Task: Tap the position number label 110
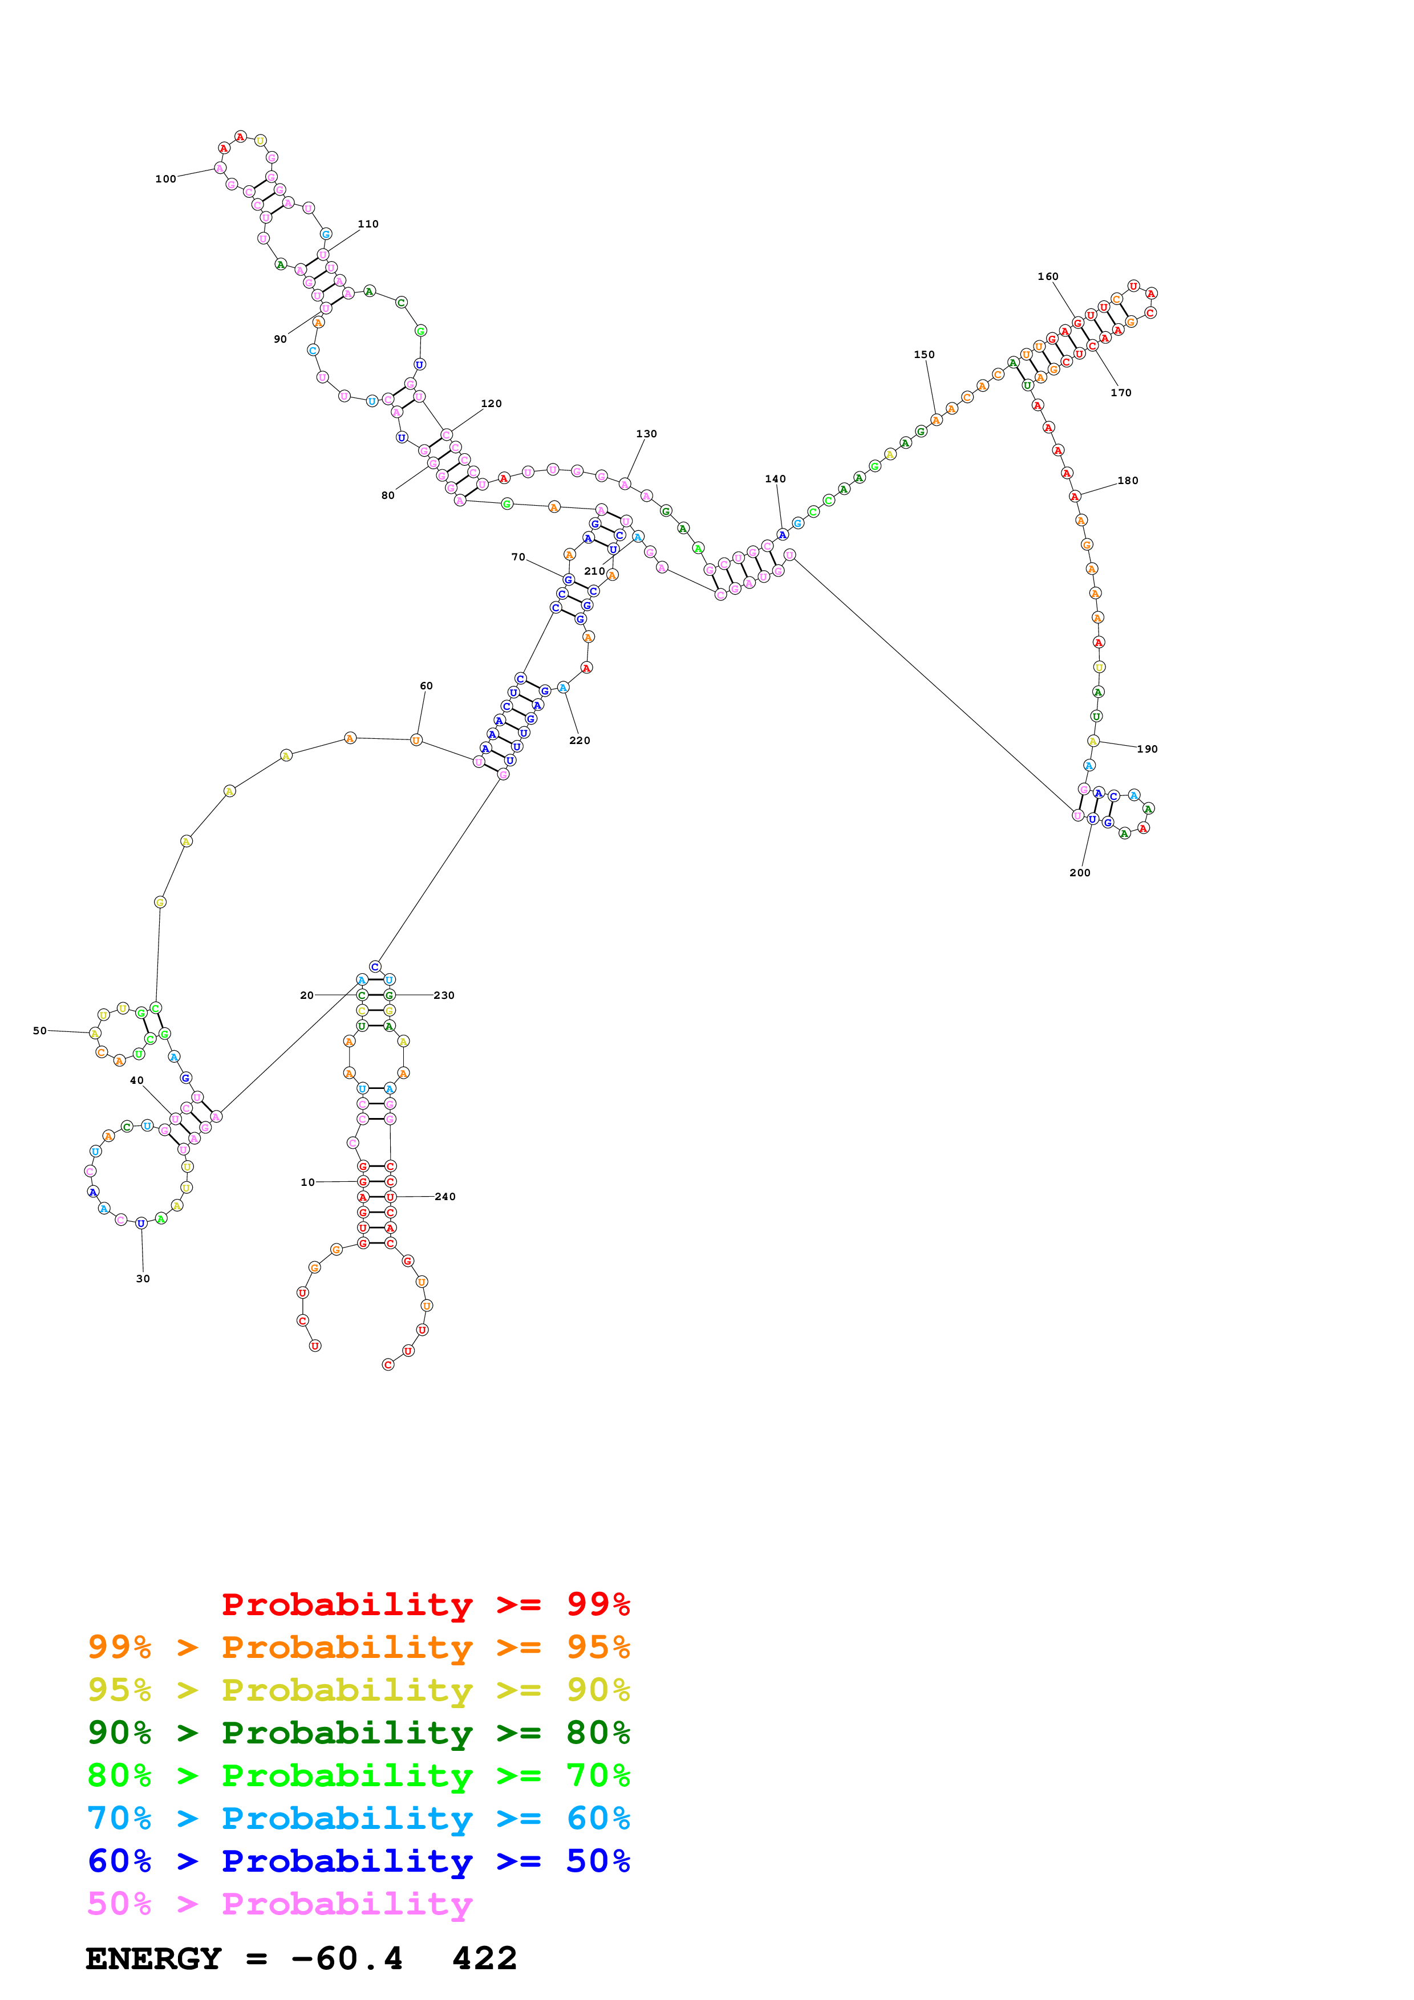(368, 224)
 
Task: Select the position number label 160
(1047, 276)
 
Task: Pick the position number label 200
(1079, 873)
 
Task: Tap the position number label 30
(143, 1279)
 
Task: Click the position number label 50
(40, 1030)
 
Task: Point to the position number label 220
(580, 741)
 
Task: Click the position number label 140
(775, 479)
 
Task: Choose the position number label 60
(426, 685)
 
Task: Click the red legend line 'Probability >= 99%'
(425, 1604)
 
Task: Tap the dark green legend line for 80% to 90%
(358, 1733)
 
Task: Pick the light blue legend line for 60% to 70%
(358, 1818)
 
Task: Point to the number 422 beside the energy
(484, 1959)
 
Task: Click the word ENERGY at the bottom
(153, 1959)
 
